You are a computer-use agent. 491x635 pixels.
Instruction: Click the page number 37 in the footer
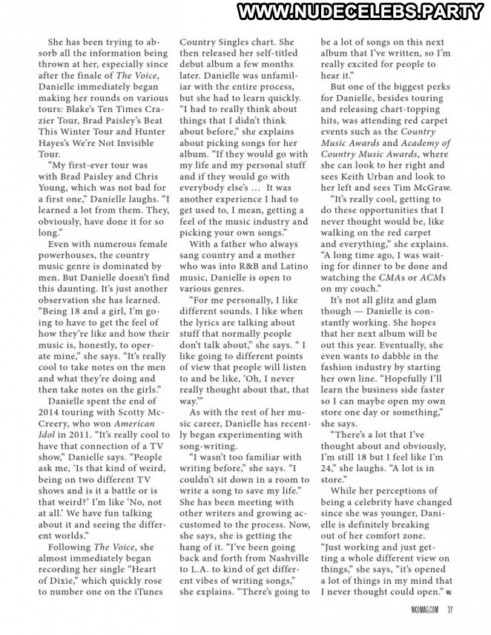coord(449,611)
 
